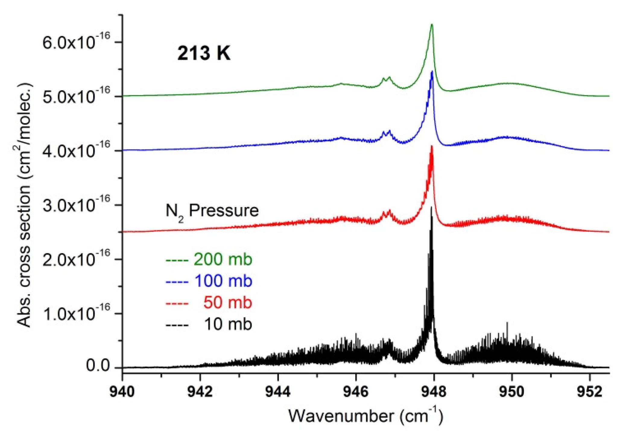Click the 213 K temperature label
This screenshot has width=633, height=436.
coord(204,53)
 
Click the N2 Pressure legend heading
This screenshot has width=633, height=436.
coord(212,211)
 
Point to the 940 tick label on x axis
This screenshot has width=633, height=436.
coord(122,392)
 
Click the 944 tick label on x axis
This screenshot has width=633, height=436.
coord(278,392)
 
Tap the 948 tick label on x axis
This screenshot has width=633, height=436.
coord(434,392)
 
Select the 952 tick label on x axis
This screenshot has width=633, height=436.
coord(590,392)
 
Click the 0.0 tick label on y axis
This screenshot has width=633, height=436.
coord(98,366)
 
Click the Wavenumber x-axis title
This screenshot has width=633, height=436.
coord(366,416)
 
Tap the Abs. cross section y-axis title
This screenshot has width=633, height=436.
coord(24,205)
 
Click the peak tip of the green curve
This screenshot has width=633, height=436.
coord(432,24)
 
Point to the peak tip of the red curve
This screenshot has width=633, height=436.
coord(432,146)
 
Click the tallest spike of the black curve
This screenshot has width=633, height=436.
coord(431,207)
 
